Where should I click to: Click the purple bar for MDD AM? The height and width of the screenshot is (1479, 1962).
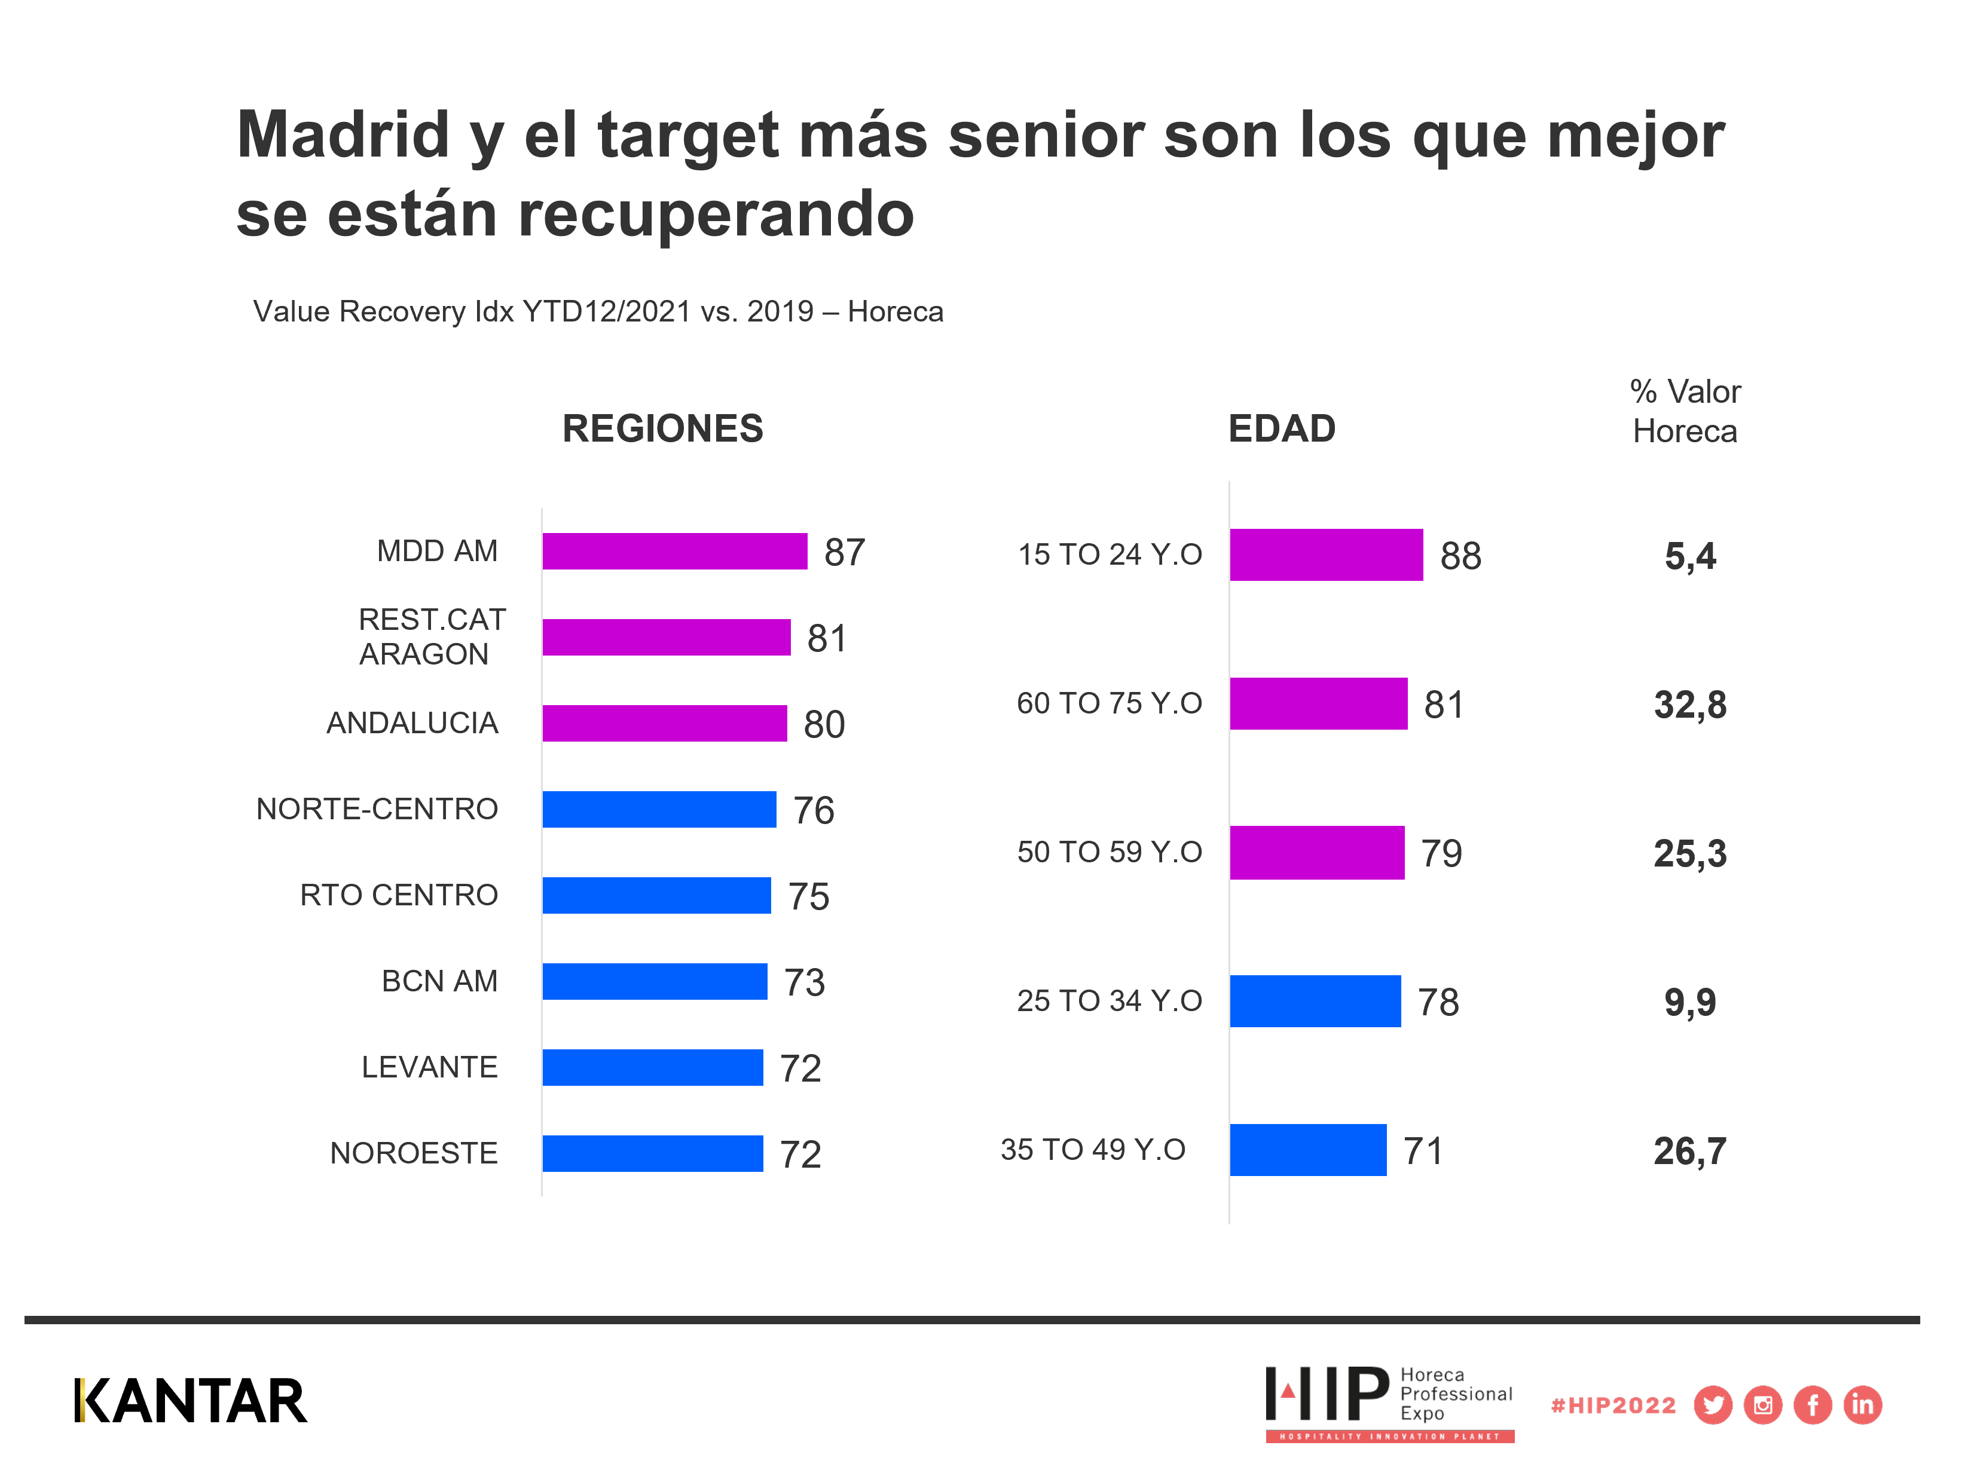(674, 552)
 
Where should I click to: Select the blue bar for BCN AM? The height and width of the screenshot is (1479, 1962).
(655, 982)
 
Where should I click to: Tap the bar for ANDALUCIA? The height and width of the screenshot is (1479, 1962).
(664, 724)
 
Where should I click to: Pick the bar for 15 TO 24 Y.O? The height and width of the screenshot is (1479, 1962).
(1326, 555)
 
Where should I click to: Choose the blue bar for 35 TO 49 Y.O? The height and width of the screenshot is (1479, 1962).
(1307, 1150)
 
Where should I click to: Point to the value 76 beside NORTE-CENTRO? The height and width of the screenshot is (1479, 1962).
(814, 810)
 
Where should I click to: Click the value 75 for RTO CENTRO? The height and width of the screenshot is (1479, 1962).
(808, 896)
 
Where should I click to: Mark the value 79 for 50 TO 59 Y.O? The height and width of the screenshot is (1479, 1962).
(1441, 853)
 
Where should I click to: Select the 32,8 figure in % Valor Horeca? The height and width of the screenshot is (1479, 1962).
(1689, 705)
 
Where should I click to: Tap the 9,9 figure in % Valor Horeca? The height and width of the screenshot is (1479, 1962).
(1689, 1002)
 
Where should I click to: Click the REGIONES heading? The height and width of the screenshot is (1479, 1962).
(662, 429)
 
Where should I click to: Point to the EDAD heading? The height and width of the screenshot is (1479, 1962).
(1282, 429)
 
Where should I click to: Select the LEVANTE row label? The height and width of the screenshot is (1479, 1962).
(429, 1067)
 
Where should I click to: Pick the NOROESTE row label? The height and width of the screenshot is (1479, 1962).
(413, 1153)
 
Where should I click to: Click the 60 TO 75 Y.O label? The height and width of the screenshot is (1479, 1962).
(1109, 703)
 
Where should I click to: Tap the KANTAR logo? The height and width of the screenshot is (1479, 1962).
(191, 1401)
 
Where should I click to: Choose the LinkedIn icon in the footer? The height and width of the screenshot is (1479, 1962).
(1863, 1405)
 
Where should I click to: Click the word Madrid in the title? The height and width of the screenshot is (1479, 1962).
(343, 135)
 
